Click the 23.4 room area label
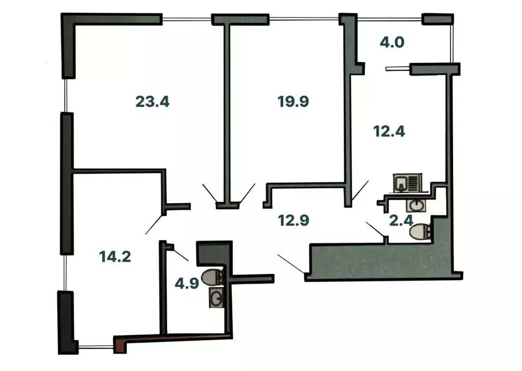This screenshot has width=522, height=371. pos(152,101)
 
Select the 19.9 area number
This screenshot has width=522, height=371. pos(293,101)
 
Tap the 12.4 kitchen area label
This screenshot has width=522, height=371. pos(389,131)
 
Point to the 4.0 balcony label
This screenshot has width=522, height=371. pos(392,42)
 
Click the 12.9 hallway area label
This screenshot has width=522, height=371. pos(294,220)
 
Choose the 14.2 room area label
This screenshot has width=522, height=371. pos(115,256)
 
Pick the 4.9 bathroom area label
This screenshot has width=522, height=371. pos(187,283)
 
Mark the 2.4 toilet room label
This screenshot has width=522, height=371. pos(401,220)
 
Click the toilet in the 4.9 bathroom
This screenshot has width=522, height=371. pos(213,277)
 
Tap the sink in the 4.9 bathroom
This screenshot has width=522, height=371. pos(216,298)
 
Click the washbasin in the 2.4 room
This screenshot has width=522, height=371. pos(416,206)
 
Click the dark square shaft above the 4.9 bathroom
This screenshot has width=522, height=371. pos(215,254)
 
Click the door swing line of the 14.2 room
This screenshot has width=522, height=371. pos(155,225)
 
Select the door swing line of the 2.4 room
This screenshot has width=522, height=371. pos(376,230)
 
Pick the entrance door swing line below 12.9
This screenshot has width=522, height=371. pos(291,264)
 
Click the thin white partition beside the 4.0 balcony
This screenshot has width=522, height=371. pos(398,69)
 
